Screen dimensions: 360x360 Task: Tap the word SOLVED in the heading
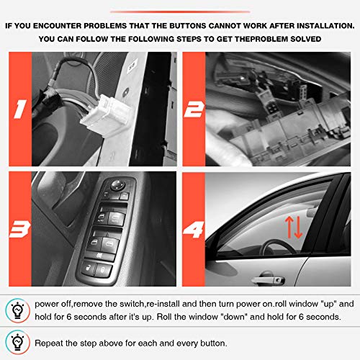(305, 38)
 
